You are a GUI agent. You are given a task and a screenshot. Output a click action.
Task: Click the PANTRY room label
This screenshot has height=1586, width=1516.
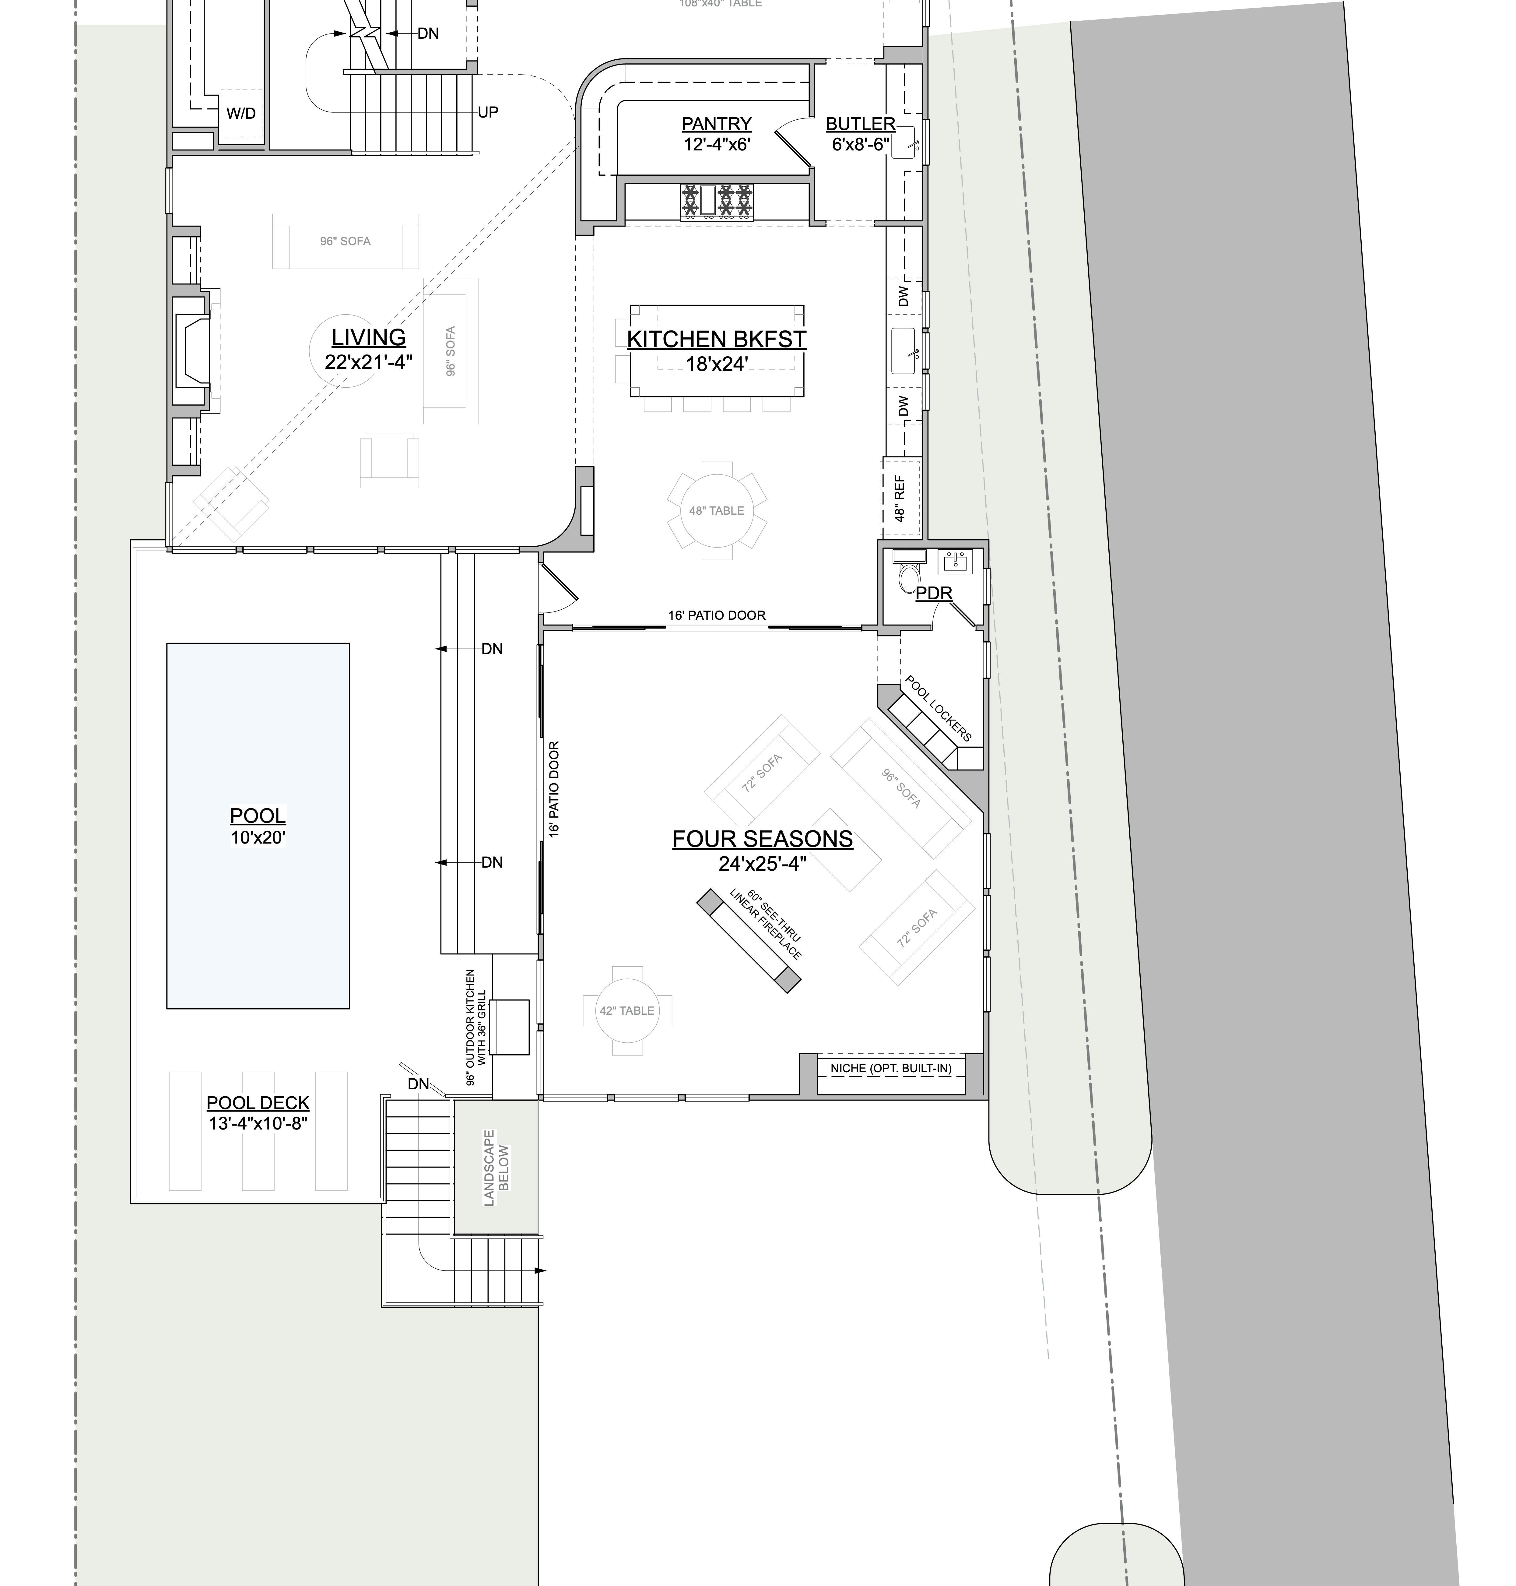click(x=717, y=124)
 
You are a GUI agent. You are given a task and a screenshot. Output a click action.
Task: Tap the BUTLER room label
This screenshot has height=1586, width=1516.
click(x=861, y=124)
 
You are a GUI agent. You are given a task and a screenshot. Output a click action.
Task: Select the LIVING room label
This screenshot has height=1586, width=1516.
click(x=368, y=337)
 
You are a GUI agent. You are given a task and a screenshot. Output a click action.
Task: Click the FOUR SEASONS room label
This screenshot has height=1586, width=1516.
click(x=763, y=839)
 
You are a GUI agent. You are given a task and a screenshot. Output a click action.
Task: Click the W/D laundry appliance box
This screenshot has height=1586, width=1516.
click(x=241, y=113)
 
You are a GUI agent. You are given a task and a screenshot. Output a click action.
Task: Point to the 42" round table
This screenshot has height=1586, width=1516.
click(x=627, y=1010)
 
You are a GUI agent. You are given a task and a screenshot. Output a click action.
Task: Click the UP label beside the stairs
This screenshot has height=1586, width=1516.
click(x=488, y=112)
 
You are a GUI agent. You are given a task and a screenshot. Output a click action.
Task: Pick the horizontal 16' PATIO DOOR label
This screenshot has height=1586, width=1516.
click(x=717, y=615)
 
